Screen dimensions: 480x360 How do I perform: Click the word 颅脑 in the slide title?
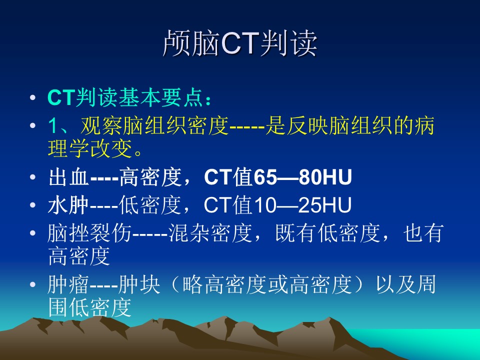click(191, 43)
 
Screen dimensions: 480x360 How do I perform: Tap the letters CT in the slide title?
click(240, 43)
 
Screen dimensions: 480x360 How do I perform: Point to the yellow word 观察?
click(100, 125)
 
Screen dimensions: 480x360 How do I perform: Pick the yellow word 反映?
click(306, 125)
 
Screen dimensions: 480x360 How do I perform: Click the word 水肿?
click(68, 205)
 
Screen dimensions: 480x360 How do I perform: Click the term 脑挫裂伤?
click(89, 233)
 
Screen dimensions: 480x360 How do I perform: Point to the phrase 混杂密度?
click(210, 233)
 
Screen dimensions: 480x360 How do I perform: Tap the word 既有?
click(295, 233)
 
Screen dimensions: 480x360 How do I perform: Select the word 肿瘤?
click(68, 284)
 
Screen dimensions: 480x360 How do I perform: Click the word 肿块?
click(139, 284)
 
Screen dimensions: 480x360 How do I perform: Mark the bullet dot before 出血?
click(33, 177)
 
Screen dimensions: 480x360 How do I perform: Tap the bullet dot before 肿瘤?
click(33, 284)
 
